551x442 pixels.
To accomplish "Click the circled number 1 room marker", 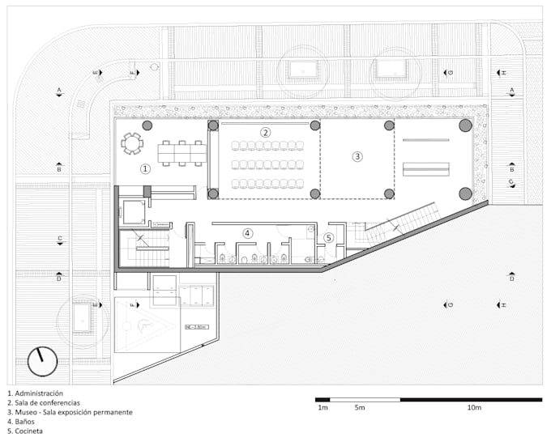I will pos(146,169).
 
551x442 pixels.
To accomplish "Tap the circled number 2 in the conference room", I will pos(264,132).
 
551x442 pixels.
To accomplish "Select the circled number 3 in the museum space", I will pos(357,155).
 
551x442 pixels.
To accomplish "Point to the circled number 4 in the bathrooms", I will pos(248,233).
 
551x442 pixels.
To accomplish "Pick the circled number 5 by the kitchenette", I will pos(328,237).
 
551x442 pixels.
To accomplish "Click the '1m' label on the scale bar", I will pos(322,408).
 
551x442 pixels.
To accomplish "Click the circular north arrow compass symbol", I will pos(42,361).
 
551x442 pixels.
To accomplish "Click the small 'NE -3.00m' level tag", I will pos(196,327).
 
